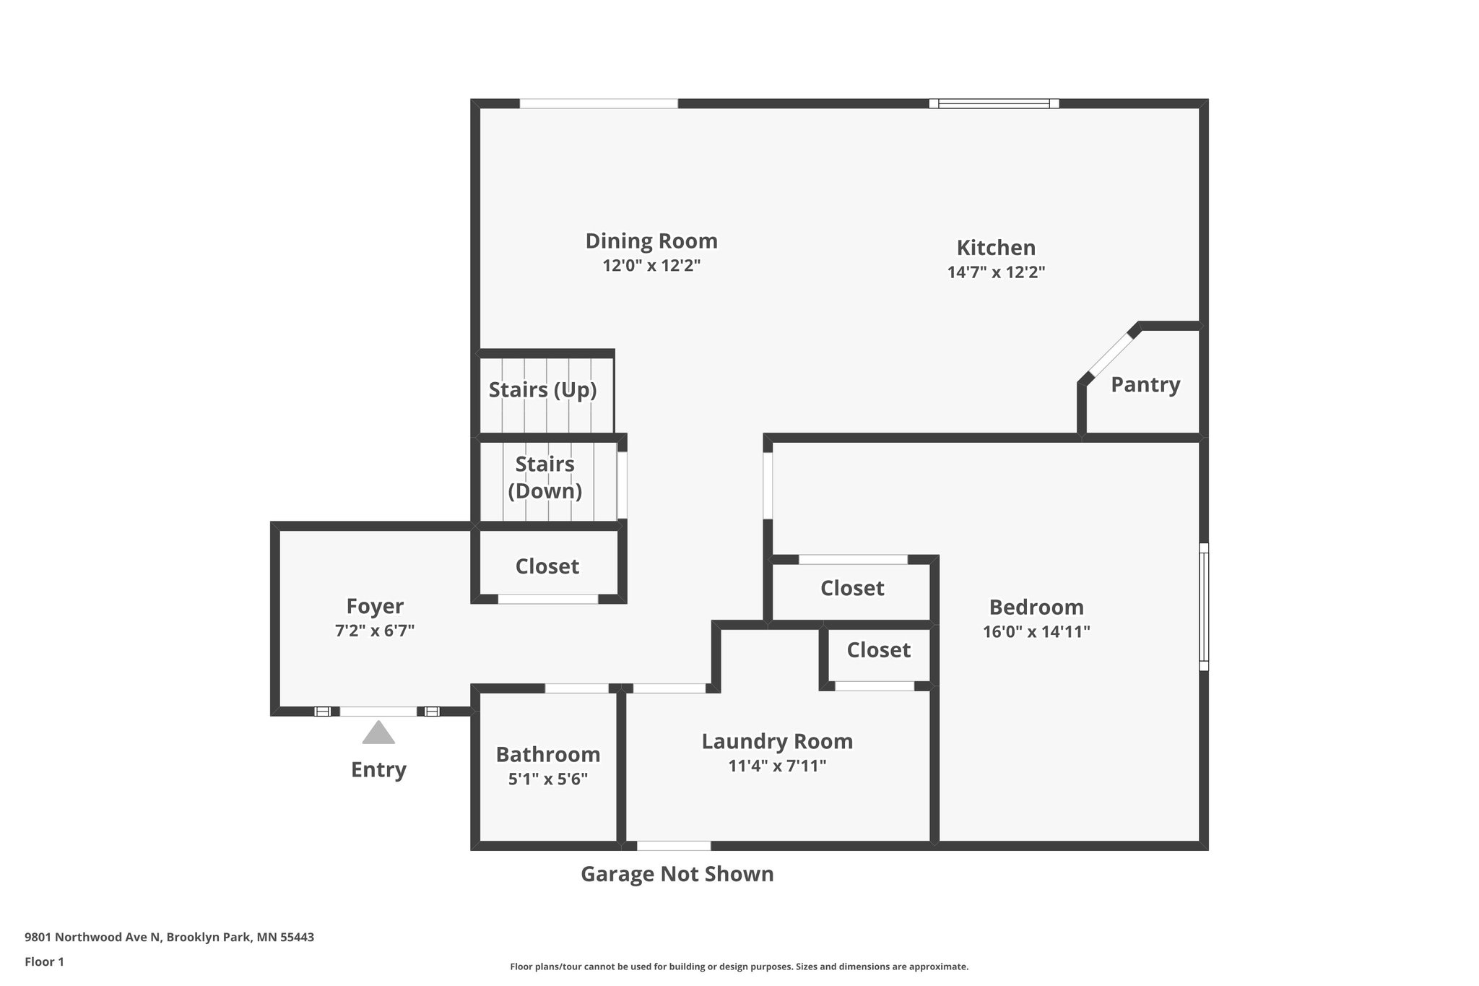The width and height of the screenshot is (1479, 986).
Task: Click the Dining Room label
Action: (651, 241)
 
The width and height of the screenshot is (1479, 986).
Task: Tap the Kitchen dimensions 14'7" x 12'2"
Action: (996, 272)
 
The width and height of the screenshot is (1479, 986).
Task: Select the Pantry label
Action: (1145, 384)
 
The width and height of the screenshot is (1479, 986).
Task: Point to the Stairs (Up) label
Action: (542, 390)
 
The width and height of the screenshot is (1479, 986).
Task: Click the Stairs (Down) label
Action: (545, 477)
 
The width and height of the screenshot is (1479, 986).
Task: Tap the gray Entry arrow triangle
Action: (378, 733)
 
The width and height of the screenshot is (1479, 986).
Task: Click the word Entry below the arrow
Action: (378, 769)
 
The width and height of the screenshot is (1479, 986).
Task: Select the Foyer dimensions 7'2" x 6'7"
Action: (374, 631)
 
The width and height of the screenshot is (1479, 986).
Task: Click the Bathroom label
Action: (547, 754)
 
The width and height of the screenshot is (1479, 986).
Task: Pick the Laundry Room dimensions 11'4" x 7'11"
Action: (777, 766)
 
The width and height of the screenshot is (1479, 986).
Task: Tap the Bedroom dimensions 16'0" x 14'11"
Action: (1036, 632)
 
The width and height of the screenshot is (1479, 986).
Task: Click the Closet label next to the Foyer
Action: (547, 566)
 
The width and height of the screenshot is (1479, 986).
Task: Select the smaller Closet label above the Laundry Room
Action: (878, 650)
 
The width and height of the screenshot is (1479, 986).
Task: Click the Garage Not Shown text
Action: (677, 874)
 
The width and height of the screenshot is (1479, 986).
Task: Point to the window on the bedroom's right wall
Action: (1203, 607)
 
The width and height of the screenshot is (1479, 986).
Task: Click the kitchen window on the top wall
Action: (994, 103)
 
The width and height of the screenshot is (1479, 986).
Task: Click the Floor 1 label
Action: (44, 962)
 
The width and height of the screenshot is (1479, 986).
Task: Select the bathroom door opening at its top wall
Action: (576, 688)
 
